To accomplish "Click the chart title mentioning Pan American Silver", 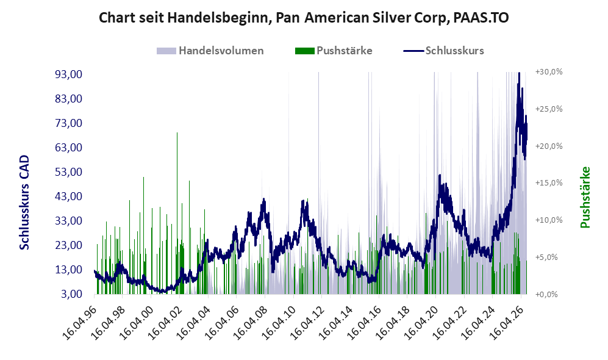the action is (304, 18).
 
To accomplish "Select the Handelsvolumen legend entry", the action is (210, 51).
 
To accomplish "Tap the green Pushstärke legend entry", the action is (334, 51).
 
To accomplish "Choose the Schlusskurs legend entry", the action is (443, 51).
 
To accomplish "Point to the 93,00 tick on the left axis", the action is (69, 74).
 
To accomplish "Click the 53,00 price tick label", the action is (69, 172).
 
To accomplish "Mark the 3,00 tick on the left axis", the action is (71, 294).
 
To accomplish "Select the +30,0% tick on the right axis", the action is (549, 72).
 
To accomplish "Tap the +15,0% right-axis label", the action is (549, 182).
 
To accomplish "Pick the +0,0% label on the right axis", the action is (546, 295).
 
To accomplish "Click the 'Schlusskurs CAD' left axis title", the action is (24, 203).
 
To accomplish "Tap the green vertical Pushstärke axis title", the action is (585, 197).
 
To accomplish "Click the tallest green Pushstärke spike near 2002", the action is (177, 213).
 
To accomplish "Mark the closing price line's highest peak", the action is (519, 73).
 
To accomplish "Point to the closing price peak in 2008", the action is (264, 200).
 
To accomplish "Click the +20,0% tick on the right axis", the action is (549, 146).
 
